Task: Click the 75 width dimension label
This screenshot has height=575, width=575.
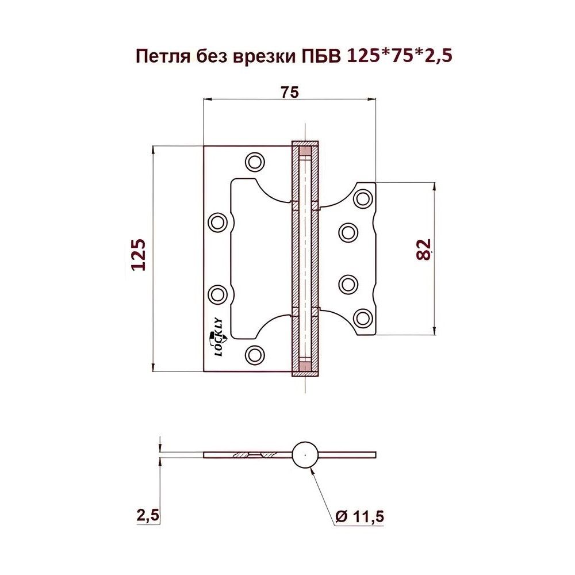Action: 290,93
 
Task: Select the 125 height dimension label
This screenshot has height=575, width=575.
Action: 139,255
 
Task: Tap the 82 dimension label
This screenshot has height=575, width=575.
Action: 423,250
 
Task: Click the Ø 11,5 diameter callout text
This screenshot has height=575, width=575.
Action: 359,516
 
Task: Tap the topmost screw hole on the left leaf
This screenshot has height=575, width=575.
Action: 255,162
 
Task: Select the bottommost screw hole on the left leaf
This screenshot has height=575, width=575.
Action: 254,354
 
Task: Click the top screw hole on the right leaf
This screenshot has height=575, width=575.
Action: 363,198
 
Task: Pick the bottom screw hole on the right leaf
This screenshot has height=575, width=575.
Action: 363,317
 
